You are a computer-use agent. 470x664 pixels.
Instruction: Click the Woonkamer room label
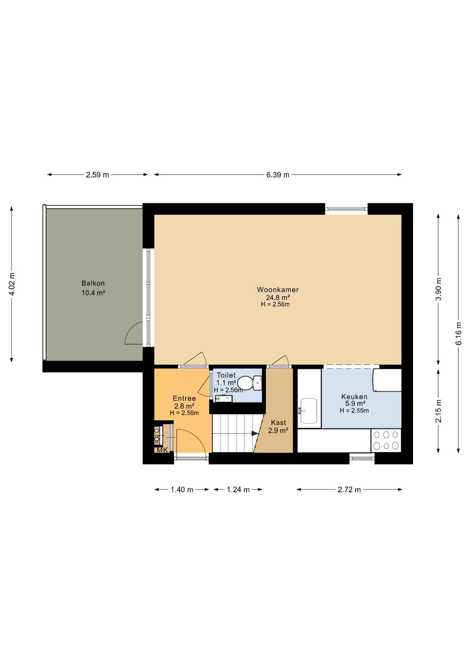pos(278,290)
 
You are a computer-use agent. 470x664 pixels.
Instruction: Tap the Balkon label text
pos(93,283)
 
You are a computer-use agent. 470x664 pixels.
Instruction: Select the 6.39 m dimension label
pos(278,175)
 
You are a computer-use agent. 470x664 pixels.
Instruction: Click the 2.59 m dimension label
pos(98,175)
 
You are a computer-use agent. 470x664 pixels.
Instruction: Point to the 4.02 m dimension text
pos(12,284)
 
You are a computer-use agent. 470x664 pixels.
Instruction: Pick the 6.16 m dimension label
pos(459,333)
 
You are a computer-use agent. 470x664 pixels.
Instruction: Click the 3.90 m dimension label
pos(439,289)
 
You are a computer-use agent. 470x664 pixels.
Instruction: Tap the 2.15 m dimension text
pos(439,411)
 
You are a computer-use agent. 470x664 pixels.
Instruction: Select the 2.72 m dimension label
pos(349,489)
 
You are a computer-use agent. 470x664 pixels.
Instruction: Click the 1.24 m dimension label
pos(238,489)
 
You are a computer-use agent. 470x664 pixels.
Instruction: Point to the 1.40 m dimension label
pos(182,489)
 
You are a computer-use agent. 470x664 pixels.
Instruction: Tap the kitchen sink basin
pos(309,411)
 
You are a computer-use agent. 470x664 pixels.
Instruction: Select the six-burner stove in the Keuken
pos(386,440)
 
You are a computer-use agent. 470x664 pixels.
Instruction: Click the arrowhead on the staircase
pos(255,433)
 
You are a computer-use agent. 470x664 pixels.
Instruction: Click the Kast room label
pos(279,423)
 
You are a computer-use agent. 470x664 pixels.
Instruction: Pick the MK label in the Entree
pos(162,450)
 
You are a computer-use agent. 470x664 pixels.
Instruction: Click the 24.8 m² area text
pos(278,297)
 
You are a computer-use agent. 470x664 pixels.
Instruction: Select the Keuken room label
pos(354,397)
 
